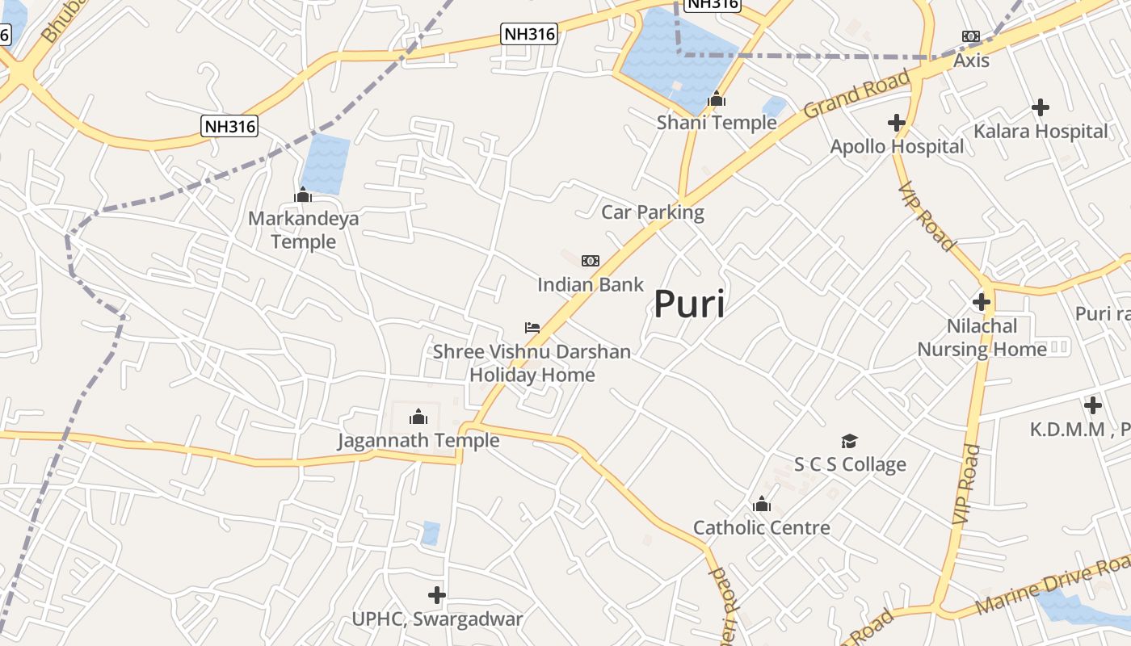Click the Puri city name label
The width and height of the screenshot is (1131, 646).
689,304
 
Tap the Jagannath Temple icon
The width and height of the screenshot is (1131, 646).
418,417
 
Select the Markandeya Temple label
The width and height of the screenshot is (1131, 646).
304,230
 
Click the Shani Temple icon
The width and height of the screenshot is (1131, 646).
717,99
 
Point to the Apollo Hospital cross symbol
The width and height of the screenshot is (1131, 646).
896,123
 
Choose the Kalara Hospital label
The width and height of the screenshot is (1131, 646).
1041,131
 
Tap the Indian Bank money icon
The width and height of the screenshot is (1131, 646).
591,260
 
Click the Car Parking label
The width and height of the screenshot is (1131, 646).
653,212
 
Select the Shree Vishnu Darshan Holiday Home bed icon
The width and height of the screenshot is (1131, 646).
532,327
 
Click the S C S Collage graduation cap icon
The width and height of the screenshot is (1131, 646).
849,441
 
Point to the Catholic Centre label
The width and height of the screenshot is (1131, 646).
762,528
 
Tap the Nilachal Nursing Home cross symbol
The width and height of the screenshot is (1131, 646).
982,302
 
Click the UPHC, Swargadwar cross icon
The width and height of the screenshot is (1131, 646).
437,595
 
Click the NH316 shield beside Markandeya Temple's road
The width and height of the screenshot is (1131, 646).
229,126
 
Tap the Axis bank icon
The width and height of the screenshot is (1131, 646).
971,36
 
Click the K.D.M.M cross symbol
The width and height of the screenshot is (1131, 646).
1093,405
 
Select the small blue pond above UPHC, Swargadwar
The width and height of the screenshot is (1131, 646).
431,533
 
